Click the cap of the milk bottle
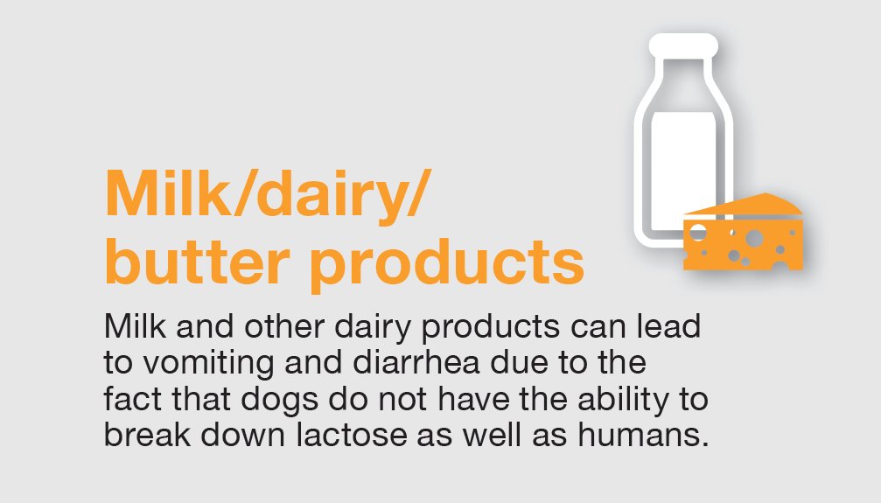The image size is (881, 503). coord(682,44)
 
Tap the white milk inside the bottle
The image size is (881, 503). coord(679,166)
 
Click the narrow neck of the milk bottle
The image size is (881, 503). coord(682,74)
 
